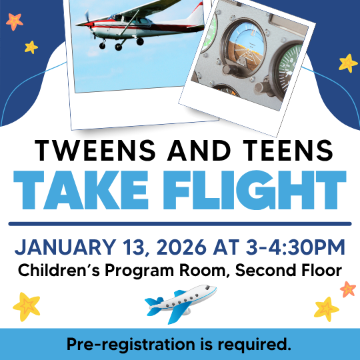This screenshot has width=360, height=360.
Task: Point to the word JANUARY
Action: [x=57, y=248]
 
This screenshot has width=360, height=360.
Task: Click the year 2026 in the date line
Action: [x=179, y=248]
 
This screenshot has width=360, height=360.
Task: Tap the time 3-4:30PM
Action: [x=289, y=248]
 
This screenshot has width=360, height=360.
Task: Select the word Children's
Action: [x=60, y=271]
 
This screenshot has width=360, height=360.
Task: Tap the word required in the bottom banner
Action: [x=257, y=345]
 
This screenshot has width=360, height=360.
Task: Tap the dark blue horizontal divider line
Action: [x=180, y=223]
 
